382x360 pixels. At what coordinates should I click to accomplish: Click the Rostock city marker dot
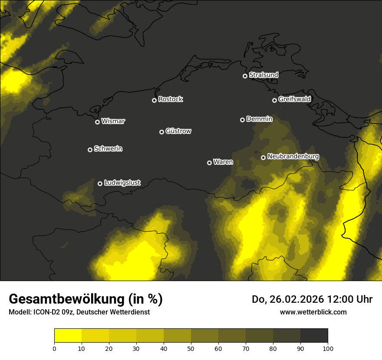point(154,100)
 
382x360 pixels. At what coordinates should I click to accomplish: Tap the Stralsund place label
point(263,75)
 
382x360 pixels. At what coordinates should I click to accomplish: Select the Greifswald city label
point(294,99)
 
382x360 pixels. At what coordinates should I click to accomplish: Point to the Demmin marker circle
point(242,120)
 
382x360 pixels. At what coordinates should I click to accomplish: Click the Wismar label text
point(113,121)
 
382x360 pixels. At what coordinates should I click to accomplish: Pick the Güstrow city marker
point(161,132)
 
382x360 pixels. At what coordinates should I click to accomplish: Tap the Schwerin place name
point(108,149)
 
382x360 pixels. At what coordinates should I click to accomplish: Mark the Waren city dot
point(209,163)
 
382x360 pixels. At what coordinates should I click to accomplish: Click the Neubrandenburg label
point(293,157)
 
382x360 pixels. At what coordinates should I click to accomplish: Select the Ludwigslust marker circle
point(100,183)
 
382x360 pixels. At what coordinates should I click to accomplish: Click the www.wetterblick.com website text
point(313,312)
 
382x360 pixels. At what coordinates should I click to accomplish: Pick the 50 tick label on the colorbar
point(191,348)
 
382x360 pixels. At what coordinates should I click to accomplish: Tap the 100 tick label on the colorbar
point(328,348)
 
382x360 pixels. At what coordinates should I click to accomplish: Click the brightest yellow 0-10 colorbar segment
point(68,335)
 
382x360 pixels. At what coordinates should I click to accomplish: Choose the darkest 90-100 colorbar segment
point(314,335)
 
